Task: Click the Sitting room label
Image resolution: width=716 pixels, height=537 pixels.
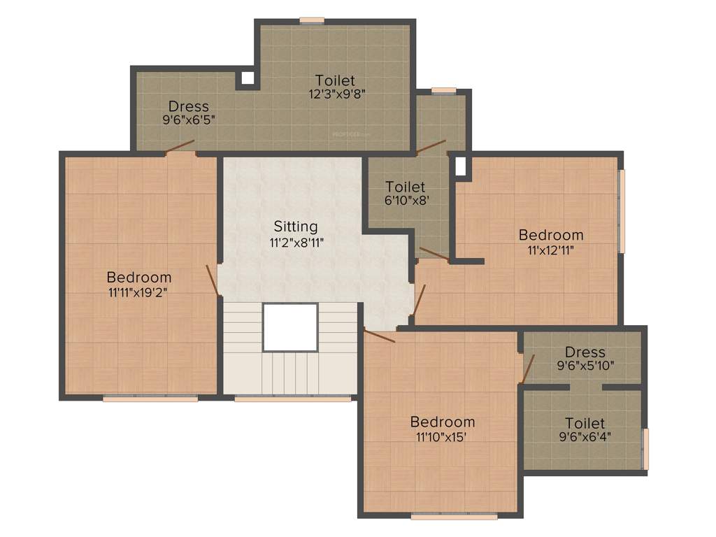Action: click(x=295, y=227)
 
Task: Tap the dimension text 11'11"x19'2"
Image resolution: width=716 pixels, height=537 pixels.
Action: click(x=138, y=293)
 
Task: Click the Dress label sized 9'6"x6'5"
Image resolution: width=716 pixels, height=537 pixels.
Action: click(x=188, y=106)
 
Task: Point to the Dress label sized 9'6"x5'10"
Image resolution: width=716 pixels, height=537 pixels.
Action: click(x=585, y=352)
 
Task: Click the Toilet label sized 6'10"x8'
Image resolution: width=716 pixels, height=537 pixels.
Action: click(x=406, y=187)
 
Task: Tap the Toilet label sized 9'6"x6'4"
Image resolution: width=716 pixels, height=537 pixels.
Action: click(x=585, y=423)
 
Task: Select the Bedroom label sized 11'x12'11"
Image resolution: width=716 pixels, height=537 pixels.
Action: click(x=550, y=234)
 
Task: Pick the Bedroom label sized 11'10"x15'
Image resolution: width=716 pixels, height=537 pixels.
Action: click(x=442, y=422)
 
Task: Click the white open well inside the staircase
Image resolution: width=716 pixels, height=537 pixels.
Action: click(x=290, y=327)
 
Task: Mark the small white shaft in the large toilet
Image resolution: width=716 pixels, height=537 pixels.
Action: click(x=248, y=78)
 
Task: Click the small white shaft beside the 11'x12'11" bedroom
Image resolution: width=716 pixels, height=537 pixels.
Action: click(x=460, y=166)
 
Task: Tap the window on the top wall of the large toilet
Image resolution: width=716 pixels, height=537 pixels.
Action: click(x=312, y=20)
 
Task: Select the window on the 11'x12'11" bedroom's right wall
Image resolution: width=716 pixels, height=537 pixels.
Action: click(x=621, y=210)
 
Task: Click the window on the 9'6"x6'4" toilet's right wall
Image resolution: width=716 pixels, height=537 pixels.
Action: click(x=645, y=448)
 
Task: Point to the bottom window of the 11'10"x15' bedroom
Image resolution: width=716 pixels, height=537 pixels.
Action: click(x=454, y=517)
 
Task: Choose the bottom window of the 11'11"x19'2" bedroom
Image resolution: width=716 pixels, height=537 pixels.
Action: click(x=150, y=399)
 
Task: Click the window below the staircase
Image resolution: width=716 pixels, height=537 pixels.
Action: click(x=292, y=399)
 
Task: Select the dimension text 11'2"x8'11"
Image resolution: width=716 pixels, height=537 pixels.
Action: click(x=295, y=242)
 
